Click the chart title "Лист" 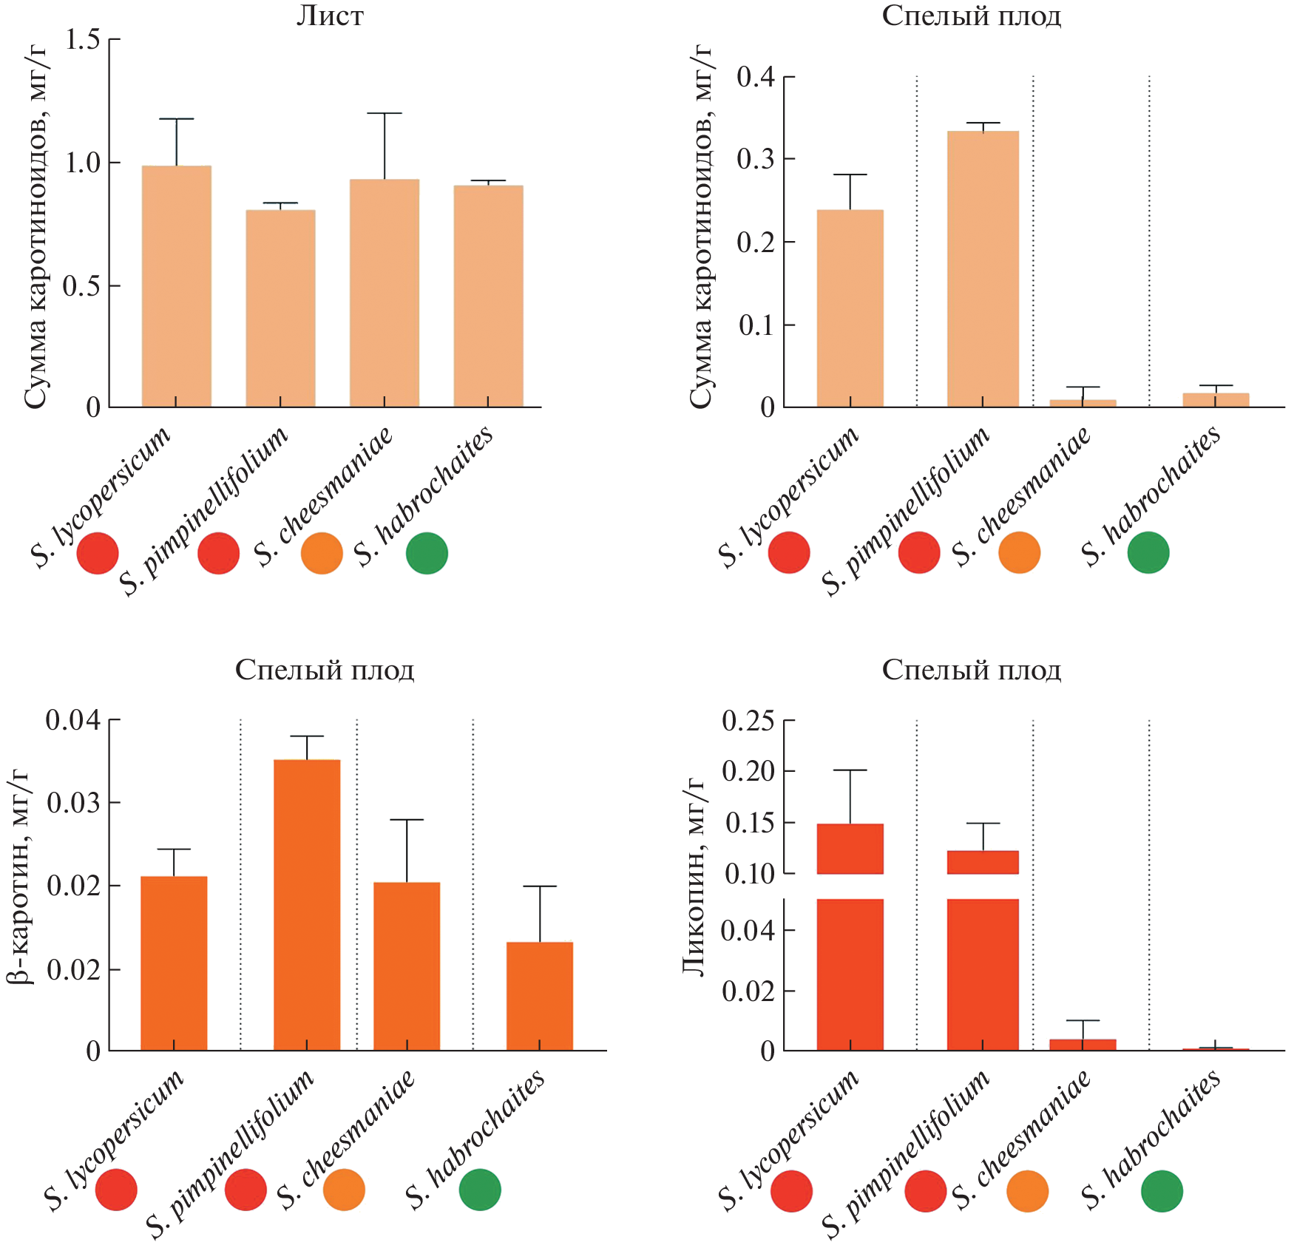(x=330, y=16)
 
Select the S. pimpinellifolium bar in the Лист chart (x=280, y=308)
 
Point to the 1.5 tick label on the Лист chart (x=82, y=40)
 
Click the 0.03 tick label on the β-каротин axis (x=73, y=802)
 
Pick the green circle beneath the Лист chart (x=427, y=553)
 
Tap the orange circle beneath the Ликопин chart (x=1027, y=1191)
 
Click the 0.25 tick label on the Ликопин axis (x=748, y=721)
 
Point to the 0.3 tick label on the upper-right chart (x=755, y=159)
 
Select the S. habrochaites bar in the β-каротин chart (x=540, y=996)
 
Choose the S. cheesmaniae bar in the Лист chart (x=385, y=293)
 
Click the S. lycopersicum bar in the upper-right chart (x=850, y=308)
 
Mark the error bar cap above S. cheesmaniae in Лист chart (x=385, y=113)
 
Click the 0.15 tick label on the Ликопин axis (x=749, y=823)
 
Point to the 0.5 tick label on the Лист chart (x=81, y=286)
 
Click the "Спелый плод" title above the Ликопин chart (x=971, y=670)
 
